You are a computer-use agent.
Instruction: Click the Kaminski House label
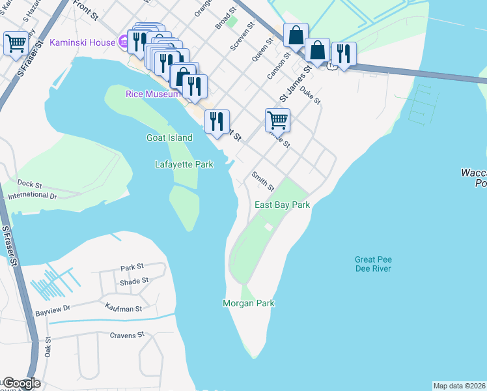point(81,43)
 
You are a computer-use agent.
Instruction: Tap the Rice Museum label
point(152,94)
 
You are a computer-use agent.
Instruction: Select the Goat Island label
point(169,138)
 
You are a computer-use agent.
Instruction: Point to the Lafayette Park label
point(184,165)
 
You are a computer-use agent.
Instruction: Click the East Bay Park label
point(281,205)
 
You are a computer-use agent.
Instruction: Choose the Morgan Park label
point(248,303)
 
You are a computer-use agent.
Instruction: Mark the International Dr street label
point(30,195)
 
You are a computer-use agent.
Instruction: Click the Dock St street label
point(30,184)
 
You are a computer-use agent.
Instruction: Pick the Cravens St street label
point(126,335)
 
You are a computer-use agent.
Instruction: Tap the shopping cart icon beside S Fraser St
point(16,44)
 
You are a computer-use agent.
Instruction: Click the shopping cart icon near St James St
point(277,120)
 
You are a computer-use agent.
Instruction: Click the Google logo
point(21,384)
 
